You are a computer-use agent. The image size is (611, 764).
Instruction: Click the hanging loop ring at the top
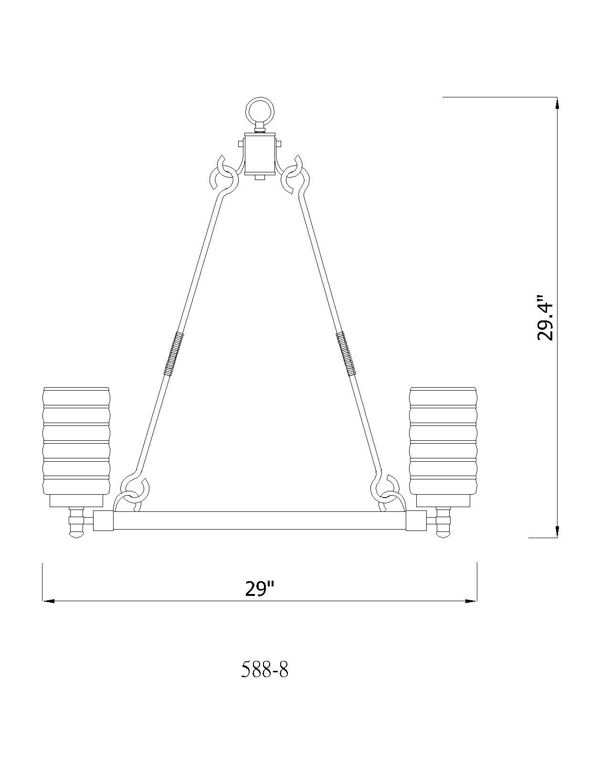(260, 111)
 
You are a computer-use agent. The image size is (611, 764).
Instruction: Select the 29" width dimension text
(260, 589)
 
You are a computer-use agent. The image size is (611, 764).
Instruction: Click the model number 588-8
(265, 670)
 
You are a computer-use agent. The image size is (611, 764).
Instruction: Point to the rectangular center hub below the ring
(260, 154)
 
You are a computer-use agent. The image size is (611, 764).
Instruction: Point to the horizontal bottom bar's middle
(260, 520)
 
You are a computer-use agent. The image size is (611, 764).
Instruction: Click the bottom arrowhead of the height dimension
(557, 531)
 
